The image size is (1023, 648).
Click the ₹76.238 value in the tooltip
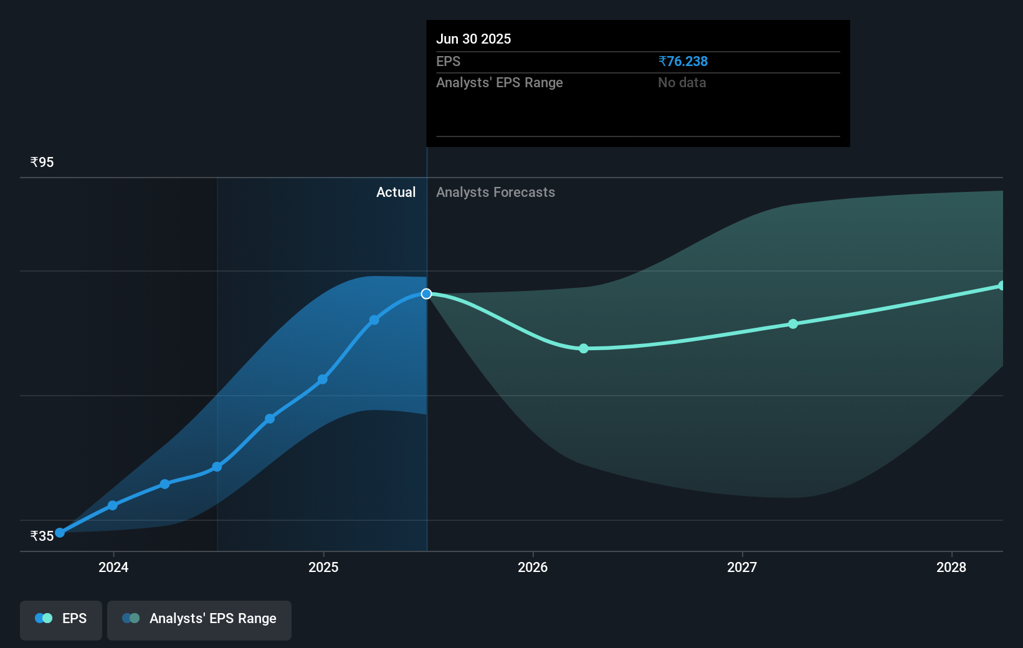point(683,61)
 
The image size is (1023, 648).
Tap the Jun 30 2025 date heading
point(473,39)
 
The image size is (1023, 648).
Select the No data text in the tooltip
point(682,82)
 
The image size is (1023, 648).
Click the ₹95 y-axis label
point(42,162)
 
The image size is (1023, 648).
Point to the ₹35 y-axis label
point(42,536)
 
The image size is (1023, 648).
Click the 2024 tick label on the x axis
point(113,567)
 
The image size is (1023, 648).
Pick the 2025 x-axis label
point(323,567)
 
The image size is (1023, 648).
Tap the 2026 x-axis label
point(533,567)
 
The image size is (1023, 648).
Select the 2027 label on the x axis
point(742,567)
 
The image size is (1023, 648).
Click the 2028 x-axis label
point(951,567)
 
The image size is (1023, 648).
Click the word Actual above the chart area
point(396,192)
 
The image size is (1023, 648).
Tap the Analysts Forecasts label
point(495,192)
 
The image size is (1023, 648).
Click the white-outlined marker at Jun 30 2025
point(426,293)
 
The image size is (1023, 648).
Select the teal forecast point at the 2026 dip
point(583,348)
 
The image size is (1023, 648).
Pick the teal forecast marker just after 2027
point(792,324)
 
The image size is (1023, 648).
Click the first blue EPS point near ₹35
point(60,533)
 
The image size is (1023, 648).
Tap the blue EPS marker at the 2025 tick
point(322,379)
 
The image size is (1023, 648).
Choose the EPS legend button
point(61,619)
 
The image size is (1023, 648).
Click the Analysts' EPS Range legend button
point(199,619)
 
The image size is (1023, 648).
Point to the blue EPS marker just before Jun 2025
point(374,320)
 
